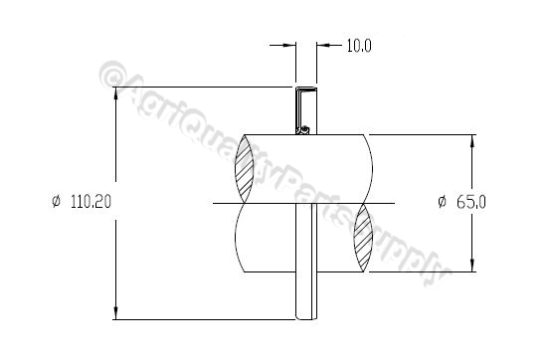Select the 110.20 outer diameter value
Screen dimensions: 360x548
(x=90, y=202)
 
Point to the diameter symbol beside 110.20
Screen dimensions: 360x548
(x=56, y=202)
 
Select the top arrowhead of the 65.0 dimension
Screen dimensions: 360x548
(x=471, y=141)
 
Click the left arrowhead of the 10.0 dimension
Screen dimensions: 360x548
(x=291, y=46)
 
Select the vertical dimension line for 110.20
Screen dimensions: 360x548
(x=116, y=149)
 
